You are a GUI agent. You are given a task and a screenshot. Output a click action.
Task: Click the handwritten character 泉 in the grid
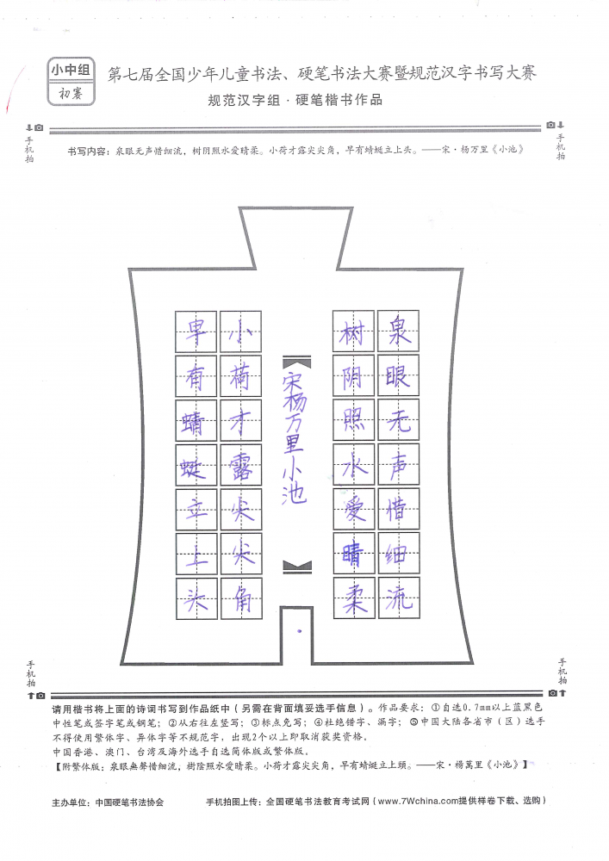tap(399, 331)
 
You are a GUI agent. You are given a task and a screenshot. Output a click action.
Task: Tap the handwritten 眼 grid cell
tap(399, 375)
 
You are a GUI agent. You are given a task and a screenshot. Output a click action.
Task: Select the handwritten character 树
tap(353, 331)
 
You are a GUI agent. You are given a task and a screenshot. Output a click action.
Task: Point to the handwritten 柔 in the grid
tap(355, 597)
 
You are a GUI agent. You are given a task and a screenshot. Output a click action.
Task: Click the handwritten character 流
tap(399, 597)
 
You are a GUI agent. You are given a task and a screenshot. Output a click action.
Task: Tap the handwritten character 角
tap(242, 598)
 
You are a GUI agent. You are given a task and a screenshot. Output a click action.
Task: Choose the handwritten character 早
tap(196, 331)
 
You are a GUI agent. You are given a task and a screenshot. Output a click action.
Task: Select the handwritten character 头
tap(196, 598)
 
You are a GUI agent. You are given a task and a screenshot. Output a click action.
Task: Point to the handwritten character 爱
tap(355, 509)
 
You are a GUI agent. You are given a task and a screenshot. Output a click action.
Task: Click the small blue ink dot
tap(299, 631)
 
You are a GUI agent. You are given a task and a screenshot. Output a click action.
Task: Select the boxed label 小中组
tap(71, 70)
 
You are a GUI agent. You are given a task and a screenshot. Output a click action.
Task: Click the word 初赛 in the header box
tap(71, 93)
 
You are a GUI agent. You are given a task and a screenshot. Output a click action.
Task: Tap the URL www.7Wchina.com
tap(419, 801)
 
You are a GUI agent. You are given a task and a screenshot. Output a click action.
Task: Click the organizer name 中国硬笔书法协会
tap(129, 802)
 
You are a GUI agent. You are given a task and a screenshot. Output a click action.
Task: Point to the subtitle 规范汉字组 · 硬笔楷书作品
tap(295, 100)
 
